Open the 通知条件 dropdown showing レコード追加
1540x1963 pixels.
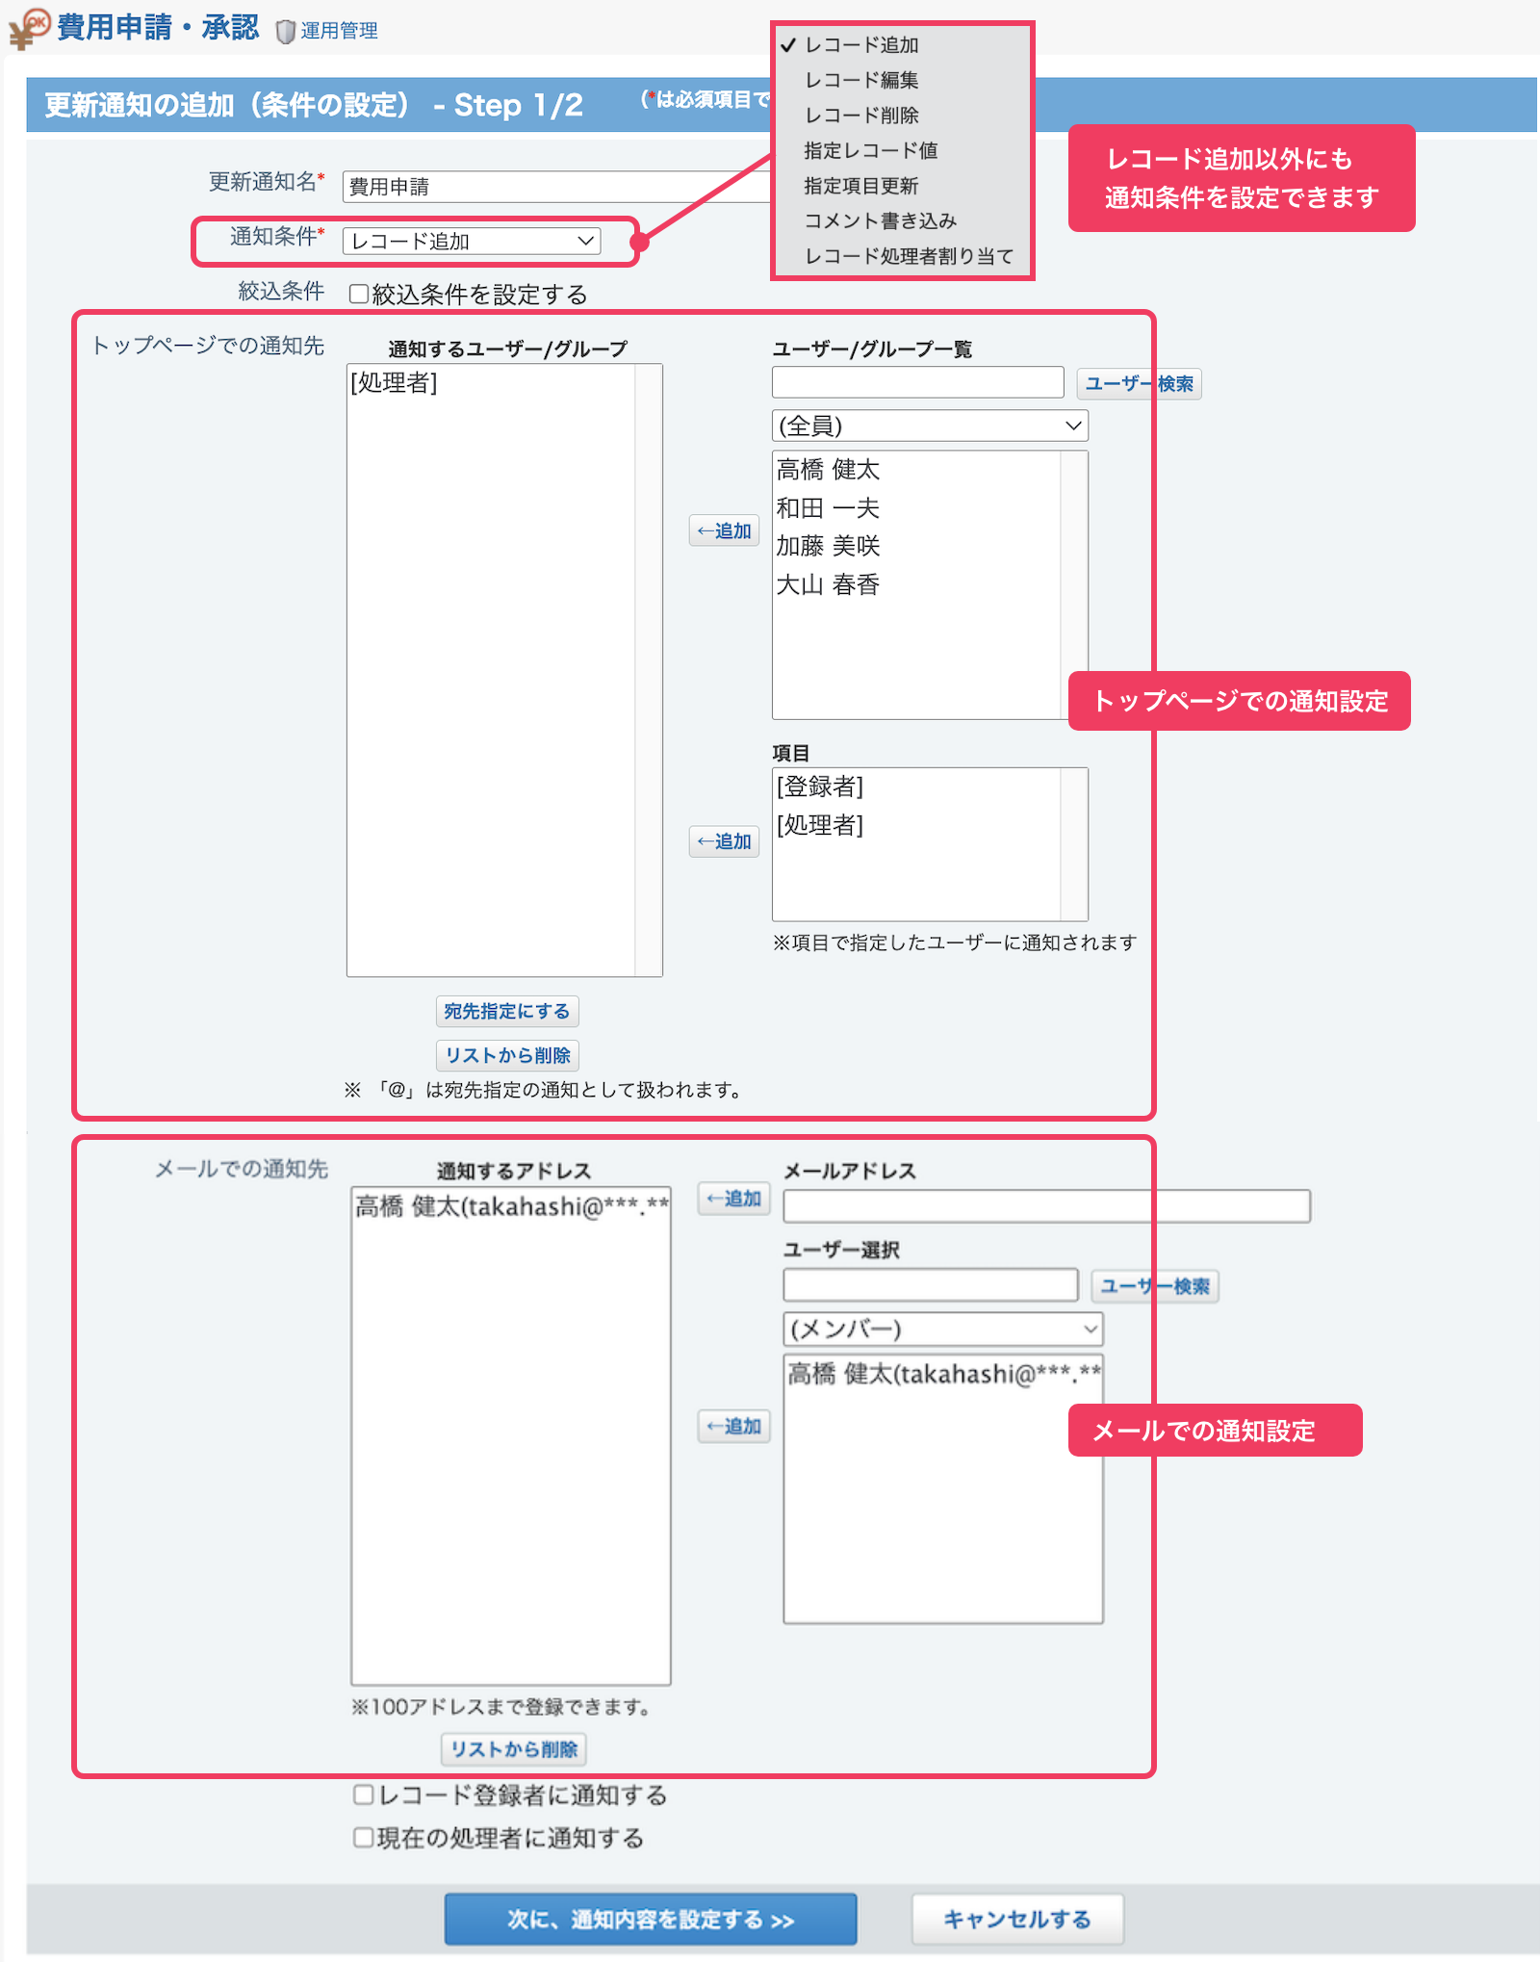pyautogui.click(x=472, y=241)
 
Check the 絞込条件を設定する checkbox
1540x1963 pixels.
pyautogui.click(x=359, y=294)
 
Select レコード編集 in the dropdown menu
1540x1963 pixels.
pyautogui.click(x=861, y=80)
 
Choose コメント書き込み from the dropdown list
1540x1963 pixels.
pyautogui.click(x=880, y=220)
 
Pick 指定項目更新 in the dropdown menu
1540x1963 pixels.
pyautogui.click(x=860, y=186)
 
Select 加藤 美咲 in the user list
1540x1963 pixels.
pyautogui.click(x=828, y=546)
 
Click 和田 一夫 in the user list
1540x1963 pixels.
pyautogui.click(x=828, y=507)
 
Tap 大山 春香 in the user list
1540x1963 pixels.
pyautogui.click(x=828, y=584)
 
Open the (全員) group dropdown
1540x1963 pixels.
pyautogui.click(x=930, y=426)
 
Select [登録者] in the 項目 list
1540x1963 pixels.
pyautogui.click(x=820, y=787)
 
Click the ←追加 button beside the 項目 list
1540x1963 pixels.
pyautogui.click(x=724, y=841)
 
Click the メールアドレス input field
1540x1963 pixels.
pyautogui.click(x=1046, y=1206)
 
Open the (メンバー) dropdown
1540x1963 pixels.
pyautogui.click(x=943, y=1330)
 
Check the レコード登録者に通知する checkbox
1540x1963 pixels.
pyautogui.click(x=364, y=1795)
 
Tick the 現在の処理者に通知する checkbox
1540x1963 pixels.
pyautogui.click(x=364, y=1838)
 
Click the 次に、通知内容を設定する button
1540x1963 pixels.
pyautogui.click(x=651, y=1920)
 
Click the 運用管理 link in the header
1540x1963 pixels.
pyautogui.click(x=338, y=31)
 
